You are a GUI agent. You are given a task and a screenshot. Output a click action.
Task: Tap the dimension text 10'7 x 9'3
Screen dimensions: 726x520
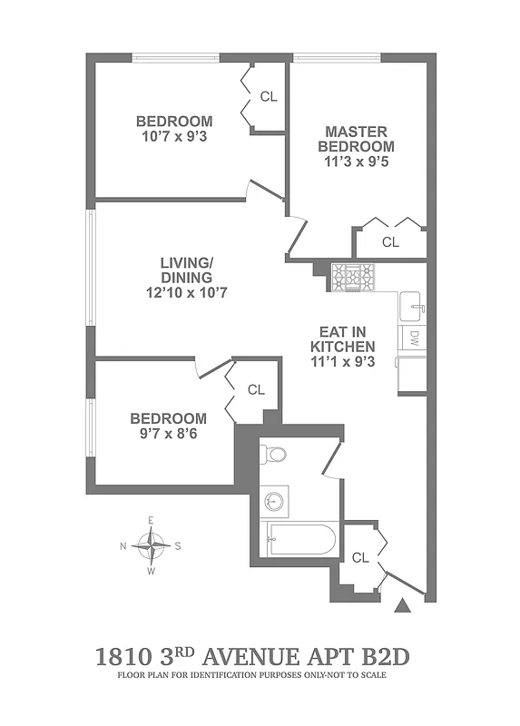coord(174,136)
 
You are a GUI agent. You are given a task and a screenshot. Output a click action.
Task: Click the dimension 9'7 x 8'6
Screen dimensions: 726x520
coord(168,433)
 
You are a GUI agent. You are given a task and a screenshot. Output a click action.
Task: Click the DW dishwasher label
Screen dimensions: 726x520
coord(413,339)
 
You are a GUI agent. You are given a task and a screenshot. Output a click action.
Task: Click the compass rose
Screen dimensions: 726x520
coord(151,545)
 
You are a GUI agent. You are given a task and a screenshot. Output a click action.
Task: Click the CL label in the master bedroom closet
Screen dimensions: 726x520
coord(390,242)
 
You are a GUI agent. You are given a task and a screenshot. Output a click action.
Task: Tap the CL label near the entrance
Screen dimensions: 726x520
coord(360,557)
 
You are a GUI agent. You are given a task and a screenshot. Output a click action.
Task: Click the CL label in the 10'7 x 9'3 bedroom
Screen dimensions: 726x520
coord(269,96)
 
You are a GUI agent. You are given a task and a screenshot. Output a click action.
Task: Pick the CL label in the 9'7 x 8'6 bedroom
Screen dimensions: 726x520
coord(256,389)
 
